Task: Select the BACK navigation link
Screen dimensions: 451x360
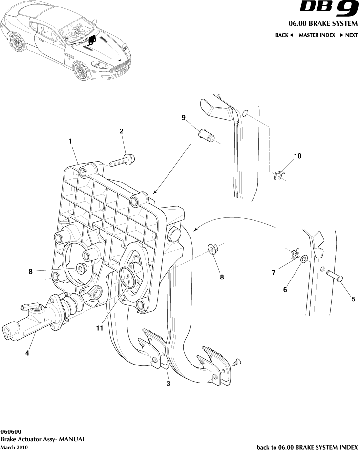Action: click(284, 35)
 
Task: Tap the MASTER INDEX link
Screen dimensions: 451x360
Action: click(317, 35)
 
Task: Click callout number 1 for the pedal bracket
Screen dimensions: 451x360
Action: click(70, 141)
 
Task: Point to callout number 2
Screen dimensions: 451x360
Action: click(121, 131)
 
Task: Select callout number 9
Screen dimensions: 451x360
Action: click(184, 117)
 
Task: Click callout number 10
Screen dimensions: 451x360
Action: click(297, 157)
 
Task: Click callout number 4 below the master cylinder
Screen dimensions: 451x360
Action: click(27, 352)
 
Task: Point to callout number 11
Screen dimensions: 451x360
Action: click(100, 328)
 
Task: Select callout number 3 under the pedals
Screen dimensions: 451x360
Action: click(168, 384)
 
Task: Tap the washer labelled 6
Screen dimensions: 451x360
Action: click(304, 259)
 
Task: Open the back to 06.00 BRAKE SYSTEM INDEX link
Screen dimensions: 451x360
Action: click(307, 447)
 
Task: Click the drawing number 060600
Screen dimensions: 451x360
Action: click(10, 432)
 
